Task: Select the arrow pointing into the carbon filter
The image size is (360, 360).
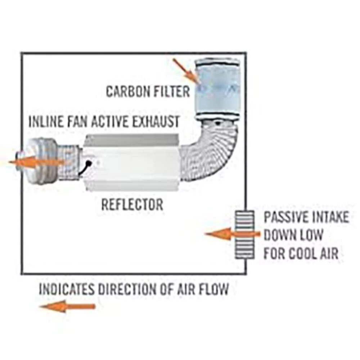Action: (x=186, y=71)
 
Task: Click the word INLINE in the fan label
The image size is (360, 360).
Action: (x=46, y=121)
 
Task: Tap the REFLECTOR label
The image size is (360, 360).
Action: (x=132, y=204)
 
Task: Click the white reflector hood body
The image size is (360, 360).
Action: (x=131, y=162)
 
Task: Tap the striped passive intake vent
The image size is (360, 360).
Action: (x=244, y=234)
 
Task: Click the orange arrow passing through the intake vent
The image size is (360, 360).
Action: (x=232, y=234)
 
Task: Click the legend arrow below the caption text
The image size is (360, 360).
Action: (x=67, y=306)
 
